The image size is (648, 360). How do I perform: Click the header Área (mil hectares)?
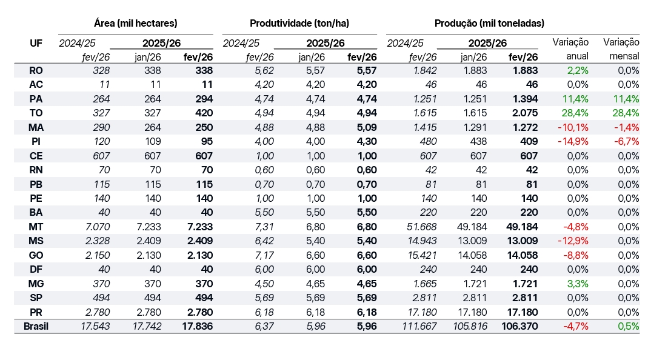click(136, 24)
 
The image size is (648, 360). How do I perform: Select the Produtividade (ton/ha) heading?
click(299, 24)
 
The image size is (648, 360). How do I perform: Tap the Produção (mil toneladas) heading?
click(489, 24)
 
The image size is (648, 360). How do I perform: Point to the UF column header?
click(36, 43)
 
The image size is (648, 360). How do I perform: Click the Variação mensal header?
click(621, 49)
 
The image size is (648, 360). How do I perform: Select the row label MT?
click(36, 227)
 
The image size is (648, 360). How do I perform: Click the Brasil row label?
click(36, 327)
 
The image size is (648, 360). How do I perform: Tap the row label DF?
click(36, 269)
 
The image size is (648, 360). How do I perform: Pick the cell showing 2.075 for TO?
click(525, 113)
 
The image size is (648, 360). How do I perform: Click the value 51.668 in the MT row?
click(421, 227)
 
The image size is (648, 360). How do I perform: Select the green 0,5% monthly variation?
click(628, 327)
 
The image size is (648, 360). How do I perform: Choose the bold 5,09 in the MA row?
click(366, 127)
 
